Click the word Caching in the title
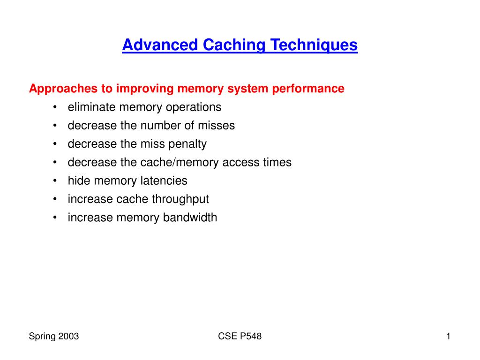(x=234, y=45)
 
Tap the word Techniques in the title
(x=314, y=45)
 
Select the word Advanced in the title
(x=160, y=45)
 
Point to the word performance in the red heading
(x=308, y=89)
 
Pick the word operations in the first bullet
(x=194, y=108)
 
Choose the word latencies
(x=164, y=180)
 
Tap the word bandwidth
(x=190, y=217)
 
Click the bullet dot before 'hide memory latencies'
(x=55, y=180)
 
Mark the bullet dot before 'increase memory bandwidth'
(x=55, y=217)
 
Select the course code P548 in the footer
(x=251, y=336)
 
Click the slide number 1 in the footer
(x=448, y=336)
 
